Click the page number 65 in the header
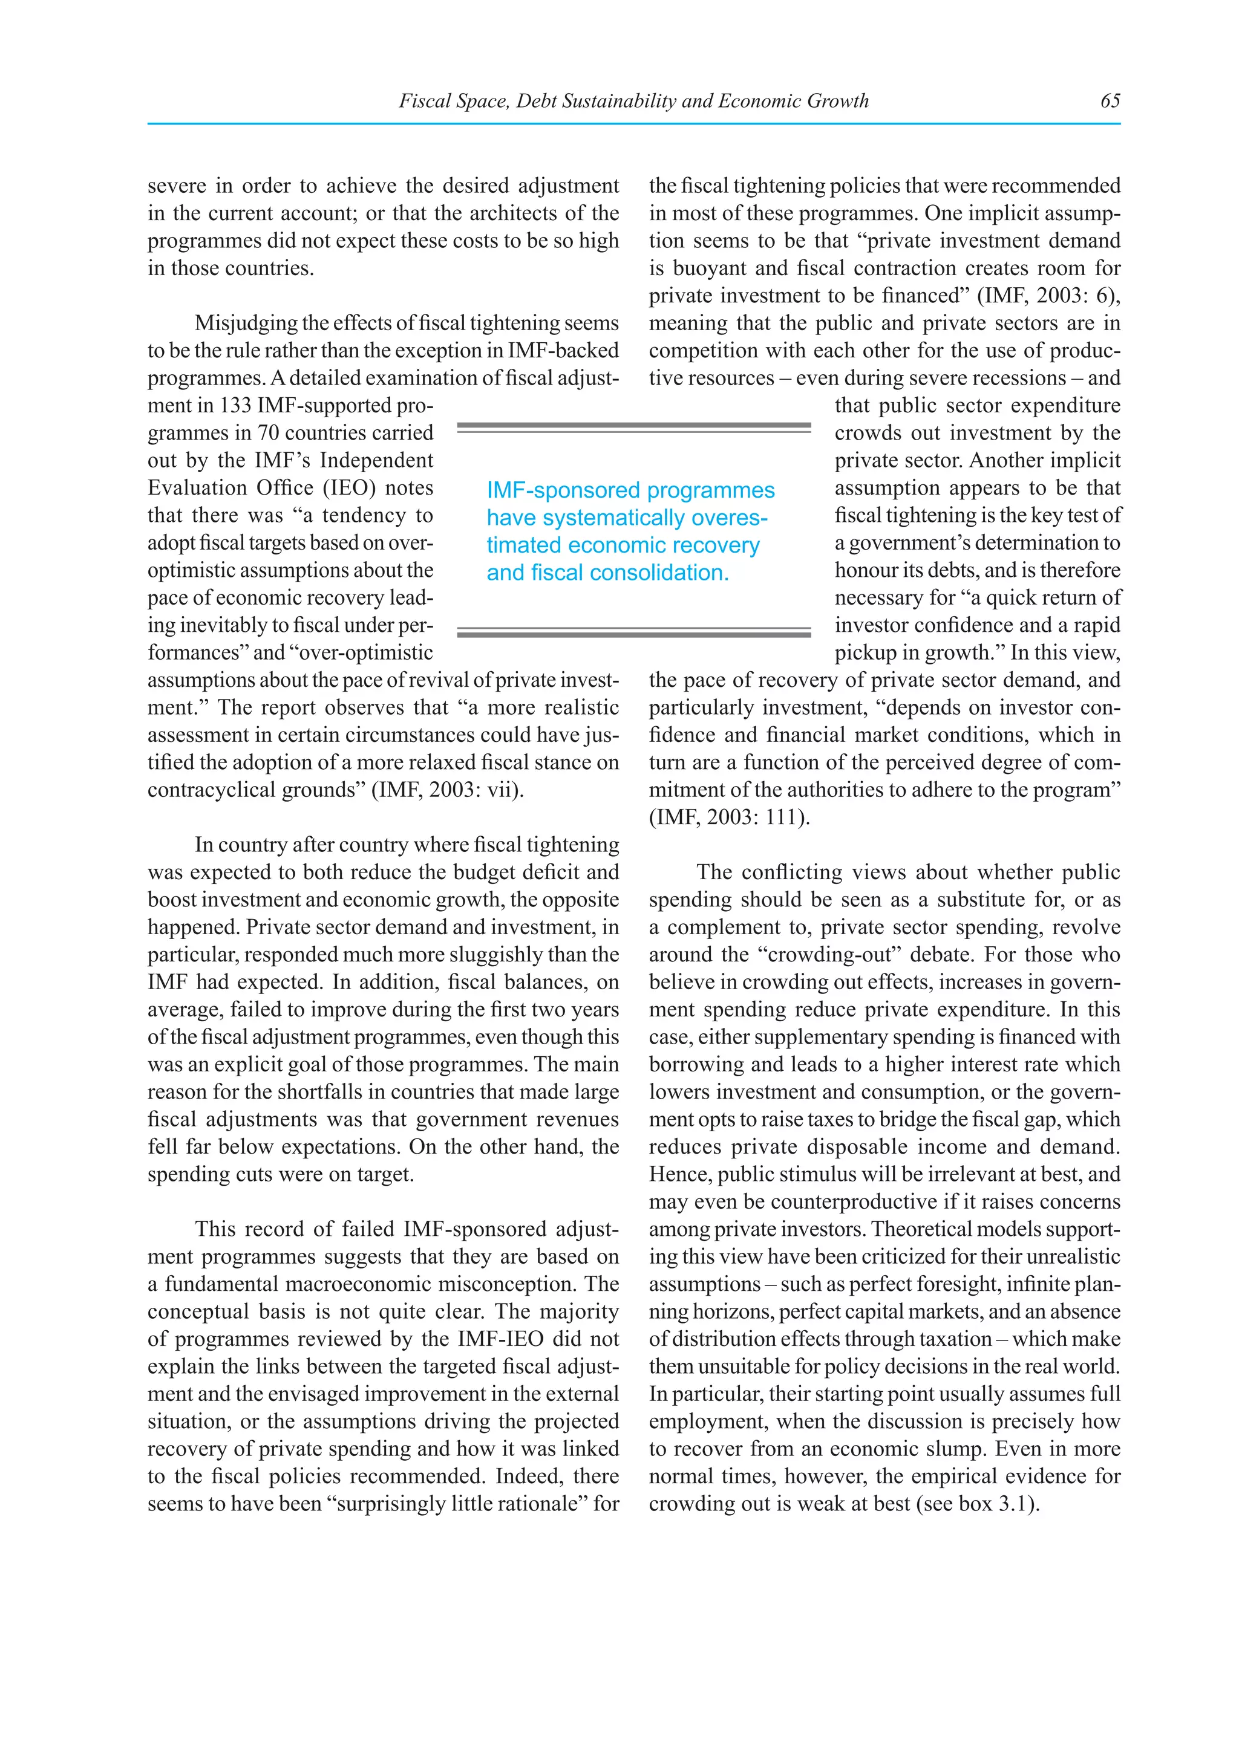click(1110, 100)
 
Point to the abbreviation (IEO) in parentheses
click(353, 488)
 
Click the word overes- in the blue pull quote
click(728, 518)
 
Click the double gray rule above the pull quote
click(633, 428)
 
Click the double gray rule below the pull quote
click(633, 632)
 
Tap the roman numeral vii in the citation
click(502, 790)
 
